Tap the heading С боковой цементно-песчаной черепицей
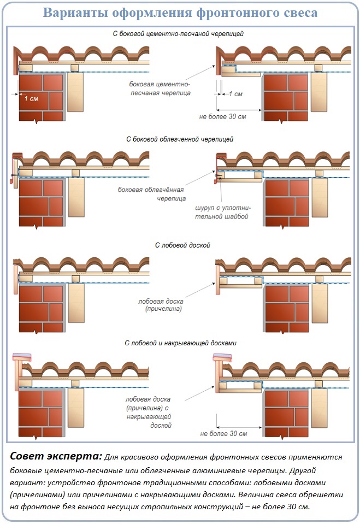178,34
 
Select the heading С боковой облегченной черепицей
180,139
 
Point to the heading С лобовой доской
182,245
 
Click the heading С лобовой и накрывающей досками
180,343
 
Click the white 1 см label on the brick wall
31,98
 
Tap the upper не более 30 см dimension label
223,116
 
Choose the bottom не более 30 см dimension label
223,434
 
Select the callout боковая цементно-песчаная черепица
160,89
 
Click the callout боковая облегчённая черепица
152,194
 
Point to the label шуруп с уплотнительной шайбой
223,212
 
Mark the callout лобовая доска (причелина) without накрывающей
161,305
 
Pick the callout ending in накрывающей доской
149,412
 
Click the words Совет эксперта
56,456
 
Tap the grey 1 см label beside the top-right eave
235,94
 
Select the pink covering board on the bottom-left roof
22,357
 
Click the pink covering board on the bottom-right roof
223,357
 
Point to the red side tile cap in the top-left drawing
15,60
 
